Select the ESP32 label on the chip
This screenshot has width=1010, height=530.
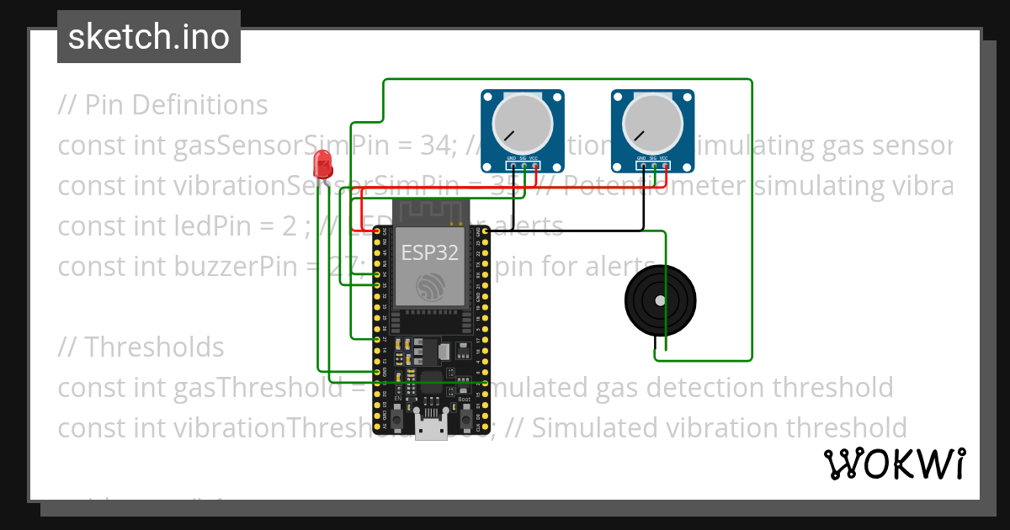(430, 252)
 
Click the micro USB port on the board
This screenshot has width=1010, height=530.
(431, 430)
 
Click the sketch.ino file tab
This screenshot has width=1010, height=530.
(149, 37)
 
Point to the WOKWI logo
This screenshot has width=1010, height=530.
(894, 464)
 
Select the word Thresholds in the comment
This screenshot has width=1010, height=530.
(155, 347)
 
